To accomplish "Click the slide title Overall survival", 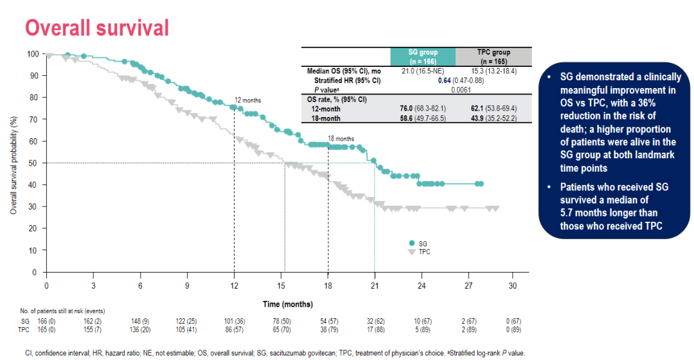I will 96,28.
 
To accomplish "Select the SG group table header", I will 423,56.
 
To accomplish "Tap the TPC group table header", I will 494,56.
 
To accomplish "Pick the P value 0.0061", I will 458,90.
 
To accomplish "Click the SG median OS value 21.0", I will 411,71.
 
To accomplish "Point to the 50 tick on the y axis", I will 32,163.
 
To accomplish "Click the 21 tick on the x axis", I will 375,285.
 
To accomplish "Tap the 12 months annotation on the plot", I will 248,100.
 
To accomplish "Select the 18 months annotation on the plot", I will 341,138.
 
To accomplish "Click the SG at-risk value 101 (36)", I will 234,320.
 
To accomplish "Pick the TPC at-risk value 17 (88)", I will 374,329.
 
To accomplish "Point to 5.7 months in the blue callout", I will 585,213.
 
